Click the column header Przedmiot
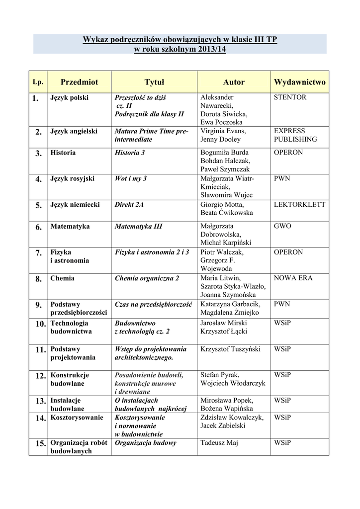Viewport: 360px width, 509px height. click(x=79, y=82)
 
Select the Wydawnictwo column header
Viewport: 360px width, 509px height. click(x=299, y=82)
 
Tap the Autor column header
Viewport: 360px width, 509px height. click(x=234, y=82)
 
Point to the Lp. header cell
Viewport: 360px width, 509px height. click(x=37, y=82)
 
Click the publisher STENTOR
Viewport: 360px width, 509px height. click(x=290, y=97)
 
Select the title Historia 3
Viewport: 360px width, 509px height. click(x=130, y=153)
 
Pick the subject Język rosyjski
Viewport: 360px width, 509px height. click(x=73, y=178)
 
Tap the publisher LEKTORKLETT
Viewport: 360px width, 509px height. click(x=300, y=204)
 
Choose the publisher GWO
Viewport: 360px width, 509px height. click(x=282, y=226)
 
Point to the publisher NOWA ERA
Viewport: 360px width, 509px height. click(x=293, y=278)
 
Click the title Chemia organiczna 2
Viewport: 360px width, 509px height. click(x=147, y=278)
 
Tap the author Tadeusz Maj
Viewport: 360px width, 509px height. click(x=219, y=442)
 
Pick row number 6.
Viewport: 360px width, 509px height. click(x=38, y=227)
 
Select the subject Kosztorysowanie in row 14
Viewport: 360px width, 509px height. click(x=77, y=418)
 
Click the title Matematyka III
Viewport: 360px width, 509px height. click(x=139, y=226)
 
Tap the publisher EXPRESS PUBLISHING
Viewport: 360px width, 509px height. click(x=295, y=135)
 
